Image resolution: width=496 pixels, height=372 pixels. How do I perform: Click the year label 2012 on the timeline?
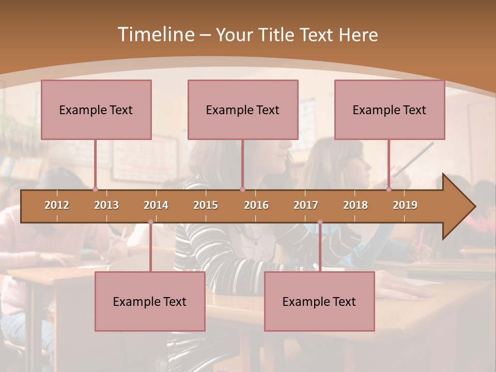coord(57,205)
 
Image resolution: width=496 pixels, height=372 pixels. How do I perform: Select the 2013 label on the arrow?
coord(106,205)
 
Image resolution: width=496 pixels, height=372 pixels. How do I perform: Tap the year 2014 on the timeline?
coord(156,205)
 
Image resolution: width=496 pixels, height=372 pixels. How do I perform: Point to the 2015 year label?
coord(206,205)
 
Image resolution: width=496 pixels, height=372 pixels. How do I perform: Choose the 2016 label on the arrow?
coord(256,205)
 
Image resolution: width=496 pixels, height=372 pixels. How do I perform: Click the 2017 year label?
coord(306,205)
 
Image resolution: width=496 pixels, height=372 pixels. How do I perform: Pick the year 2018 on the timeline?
coord(355,205)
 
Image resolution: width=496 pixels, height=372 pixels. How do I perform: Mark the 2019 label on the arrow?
coord(405,205)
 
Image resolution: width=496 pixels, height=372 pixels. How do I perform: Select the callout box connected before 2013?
coord(96,110)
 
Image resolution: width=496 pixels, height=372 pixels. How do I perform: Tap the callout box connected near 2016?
coord(243,110)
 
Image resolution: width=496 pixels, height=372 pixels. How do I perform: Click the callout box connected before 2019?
coord(390,110)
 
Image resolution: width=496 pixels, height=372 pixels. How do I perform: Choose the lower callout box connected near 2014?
coord(150,301)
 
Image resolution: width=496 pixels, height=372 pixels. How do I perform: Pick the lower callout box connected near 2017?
coord(319,301)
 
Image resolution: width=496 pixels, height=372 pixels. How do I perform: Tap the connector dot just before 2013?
coord(95,190)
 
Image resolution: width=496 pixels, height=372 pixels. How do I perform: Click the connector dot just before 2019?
coord(389,190)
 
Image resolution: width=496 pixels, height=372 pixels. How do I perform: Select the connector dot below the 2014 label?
coord(150,222)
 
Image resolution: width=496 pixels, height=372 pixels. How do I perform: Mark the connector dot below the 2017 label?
coord(320,222)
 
